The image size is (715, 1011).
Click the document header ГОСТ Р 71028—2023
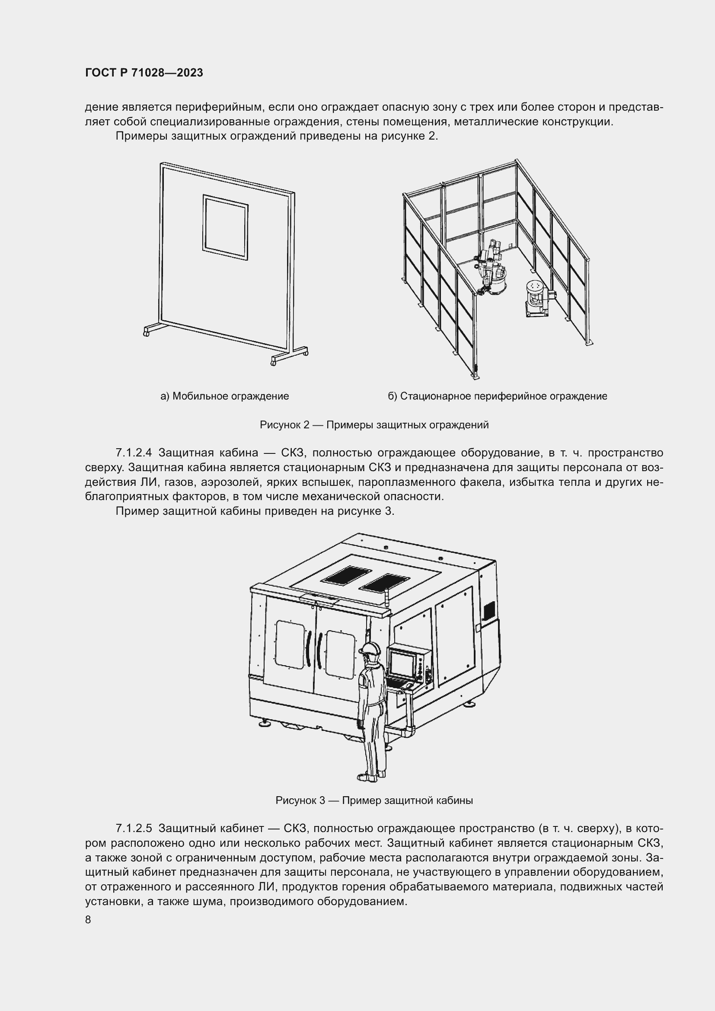tap(144, 73)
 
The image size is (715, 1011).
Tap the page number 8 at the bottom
tap(88, 920)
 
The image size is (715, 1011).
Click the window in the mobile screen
tap(225, 227)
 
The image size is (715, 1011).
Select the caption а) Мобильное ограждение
tap(224, 396)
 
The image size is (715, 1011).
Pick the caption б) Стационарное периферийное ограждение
tap(498, 396)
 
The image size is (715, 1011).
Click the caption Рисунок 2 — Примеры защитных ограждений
tap(374, 425)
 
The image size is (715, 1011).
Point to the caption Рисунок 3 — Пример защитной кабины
tap(374, 801)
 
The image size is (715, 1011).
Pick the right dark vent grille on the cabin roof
tap(386, 583)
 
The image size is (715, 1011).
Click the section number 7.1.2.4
tap(134, 453)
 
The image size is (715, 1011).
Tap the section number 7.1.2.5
tap(134, 829)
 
